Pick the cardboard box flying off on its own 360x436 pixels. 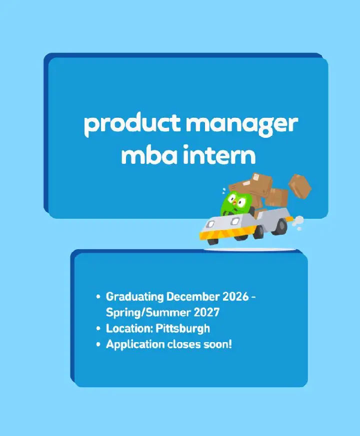tap(300, 186)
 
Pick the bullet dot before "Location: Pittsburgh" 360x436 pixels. tap(98, 329)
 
